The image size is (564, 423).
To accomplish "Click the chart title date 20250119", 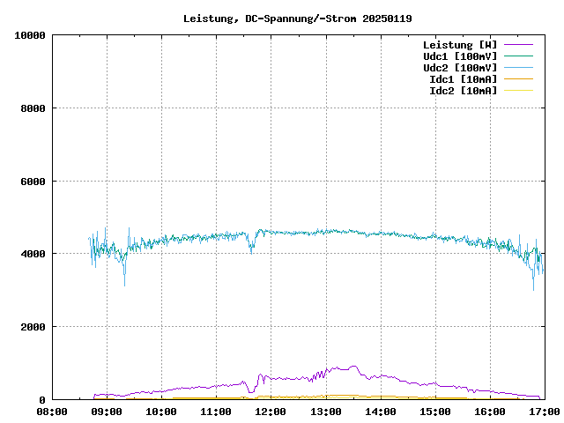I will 387,19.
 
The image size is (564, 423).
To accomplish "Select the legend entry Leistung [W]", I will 460,44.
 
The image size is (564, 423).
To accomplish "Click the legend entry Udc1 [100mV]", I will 460,56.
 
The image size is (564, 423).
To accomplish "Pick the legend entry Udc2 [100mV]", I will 460,67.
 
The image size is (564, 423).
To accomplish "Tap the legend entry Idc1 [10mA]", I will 463,78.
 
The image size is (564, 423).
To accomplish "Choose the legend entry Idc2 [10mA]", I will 463,90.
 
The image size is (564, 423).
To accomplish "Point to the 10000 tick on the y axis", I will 30,35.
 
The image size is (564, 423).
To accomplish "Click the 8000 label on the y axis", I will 33,108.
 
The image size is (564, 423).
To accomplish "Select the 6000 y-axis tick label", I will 33,182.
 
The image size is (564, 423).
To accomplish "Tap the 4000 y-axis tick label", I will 33,254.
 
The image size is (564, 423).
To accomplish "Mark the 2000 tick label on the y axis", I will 33,327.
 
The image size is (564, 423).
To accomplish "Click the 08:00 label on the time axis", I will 52,412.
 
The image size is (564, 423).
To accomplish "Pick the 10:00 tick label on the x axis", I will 161,412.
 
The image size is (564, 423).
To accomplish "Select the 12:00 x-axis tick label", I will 271,412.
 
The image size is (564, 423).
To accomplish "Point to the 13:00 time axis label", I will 326,412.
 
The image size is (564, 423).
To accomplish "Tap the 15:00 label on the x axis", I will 435,412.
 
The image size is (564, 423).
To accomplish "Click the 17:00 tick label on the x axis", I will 545,412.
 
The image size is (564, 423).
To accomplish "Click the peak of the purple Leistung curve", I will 353,366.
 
